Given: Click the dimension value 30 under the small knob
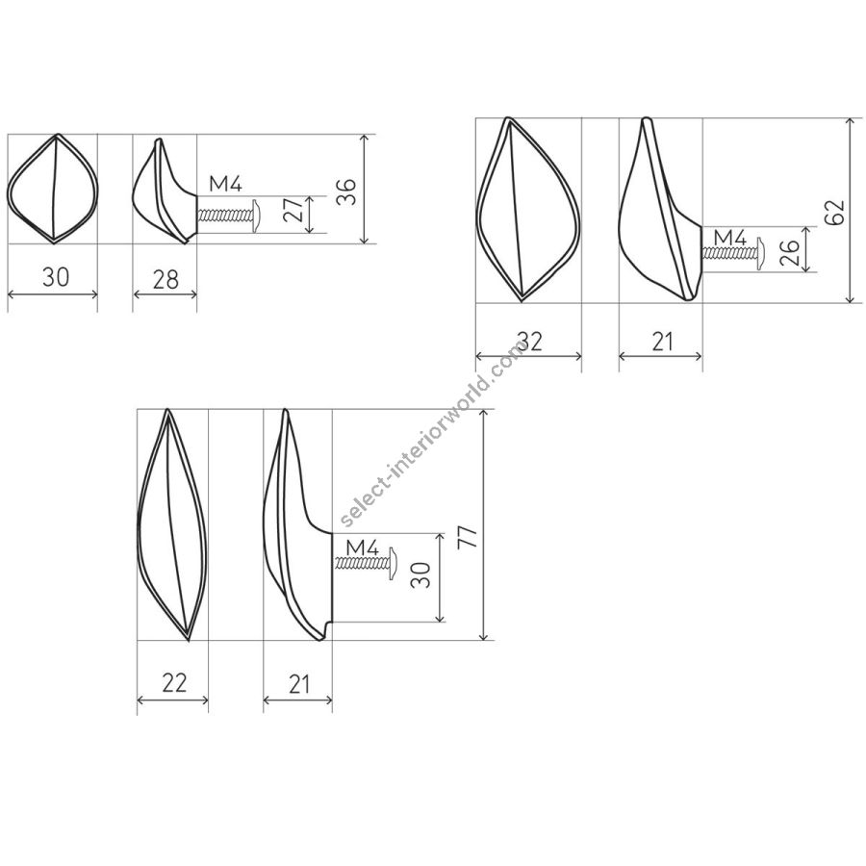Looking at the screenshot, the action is pyautogui.click(x=56, y=277).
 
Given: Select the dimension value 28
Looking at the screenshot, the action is pyautogui.click(x=166, y=280).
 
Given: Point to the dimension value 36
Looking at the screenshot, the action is pyautogui.click(x=346, y=192).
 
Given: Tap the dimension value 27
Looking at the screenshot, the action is pyautogui.click(x=293, y=210).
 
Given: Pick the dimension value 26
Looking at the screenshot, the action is pyautogui.click(x=790, y=252).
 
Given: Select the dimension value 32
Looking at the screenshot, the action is pyautogui.click(x=530, y=342).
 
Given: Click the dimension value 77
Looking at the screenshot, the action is pyautogui.click(x=468, y=537).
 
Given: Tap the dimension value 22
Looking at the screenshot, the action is pyautogui.click(x=174, y=683).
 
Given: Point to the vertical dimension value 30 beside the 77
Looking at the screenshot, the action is pyautogui.click(x=420, y=575).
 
